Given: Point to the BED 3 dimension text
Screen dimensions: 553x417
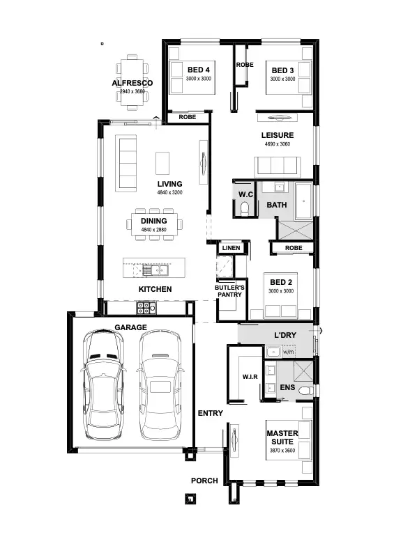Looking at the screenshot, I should pos(282,79).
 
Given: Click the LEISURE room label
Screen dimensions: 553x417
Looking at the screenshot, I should pos(277,135).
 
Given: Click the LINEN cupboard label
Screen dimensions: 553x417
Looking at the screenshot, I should pos(231,248).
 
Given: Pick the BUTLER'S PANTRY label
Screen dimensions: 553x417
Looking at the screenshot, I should pos(229,291).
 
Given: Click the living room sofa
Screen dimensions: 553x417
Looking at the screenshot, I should pos(126,163).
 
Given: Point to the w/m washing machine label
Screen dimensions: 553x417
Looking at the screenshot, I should pos(288,352).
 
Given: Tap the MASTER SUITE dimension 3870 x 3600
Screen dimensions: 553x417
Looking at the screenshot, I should pos(282,451).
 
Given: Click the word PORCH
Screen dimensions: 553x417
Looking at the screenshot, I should pos(204,481).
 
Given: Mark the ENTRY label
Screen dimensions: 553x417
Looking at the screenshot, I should pos(210,413).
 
